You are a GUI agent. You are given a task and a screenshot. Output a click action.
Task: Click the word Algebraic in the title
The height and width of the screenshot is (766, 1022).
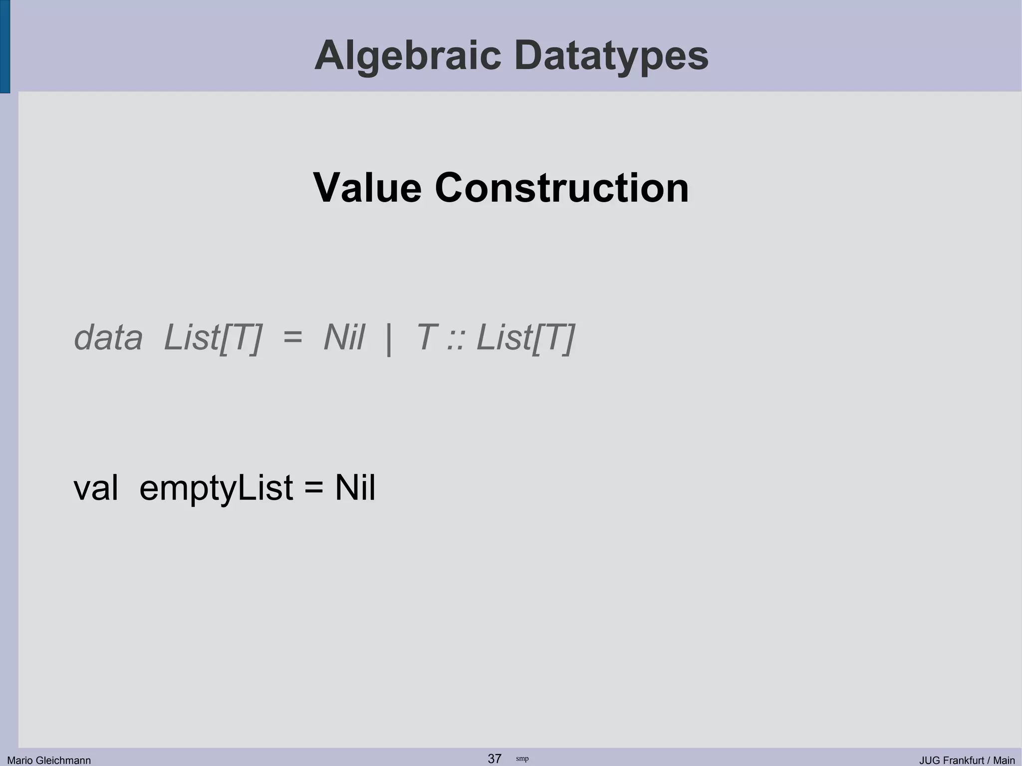point(407,56)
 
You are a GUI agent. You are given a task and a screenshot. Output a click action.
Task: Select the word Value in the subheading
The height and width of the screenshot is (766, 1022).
point(367,188)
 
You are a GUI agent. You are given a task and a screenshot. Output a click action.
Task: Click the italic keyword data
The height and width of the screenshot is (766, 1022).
point(108,338)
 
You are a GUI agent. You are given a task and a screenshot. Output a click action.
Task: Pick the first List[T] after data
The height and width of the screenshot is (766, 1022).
point(213,338)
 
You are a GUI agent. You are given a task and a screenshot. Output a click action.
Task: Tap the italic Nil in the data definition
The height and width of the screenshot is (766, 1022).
point(344,338)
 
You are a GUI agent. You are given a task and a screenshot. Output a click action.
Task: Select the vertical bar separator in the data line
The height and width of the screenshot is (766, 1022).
point(389,339)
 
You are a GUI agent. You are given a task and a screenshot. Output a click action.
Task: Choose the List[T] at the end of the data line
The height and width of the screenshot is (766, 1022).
point(525,338)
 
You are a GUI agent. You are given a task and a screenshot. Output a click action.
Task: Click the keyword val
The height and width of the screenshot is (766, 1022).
point(96,488)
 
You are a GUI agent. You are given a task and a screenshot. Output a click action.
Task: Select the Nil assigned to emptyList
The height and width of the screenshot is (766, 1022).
point(355,488)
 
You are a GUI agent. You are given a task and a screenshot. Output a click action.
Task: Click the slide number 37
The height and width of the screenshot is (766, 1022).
point(495,759)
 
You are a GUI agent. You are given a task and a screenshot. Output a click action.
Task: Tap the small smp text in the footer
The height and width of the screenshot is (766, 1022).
point(522,759)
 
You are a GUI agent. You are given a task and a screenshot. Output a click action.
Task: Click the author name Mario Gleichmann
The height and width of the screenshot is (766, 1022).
point(49,760)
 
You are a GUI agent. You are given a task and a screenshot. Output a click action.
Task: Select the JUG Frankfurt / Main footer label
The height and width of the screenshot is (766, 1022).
point(967,760)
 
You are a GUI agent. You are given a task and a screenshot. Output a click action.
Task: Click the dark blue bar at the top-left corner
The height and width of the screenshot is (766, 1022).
point(4,46)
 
